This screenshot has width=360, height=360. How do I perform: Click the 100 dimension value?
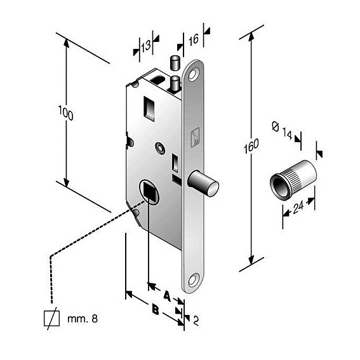(66, 113)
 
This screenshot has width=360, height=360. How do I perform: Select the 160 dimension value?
(251, 146)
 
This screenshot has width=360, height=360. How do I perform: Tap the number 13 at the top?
(146, 46)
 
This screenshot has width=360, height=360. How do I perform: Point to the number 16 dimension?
(194, 40)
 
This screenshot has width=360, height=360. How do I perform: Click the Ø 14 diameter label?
(282, 130)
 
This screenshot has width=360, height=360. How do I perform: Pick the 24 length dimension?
(298, 207)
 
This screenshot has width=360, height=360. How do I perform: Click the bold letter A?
(168, 296)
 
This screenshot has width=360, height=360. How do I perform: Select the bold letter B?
(156, 309)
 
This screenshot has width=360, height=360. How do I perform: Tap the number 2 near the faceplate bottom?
(196, 321)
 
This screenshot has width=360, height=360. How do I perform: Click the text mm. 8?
(83, 319)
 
